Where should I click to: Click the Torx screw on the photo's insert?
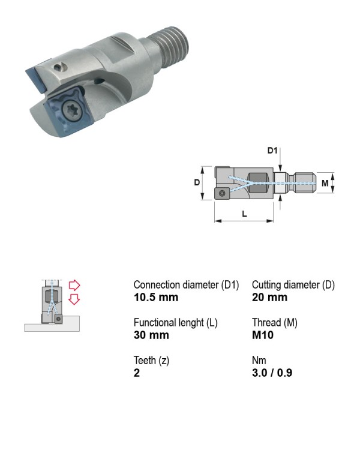click(71, 111)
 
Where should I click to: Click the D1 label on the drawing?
click(272, 151)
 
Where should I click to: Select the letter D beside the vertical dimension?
click(197, 182)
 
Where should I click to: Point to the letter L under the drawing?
click(244, 214)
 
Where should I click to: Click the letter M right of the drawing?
click(325, 183)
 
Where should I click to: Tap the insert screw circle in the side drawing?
click(222, 193)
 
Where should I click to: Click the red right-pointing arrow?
click(74, 285)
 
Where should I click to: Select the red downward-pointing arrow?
click(74, 299)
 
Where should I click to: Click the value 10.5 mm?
click(156, 297)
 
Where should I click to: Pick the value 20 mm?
click(269, 297)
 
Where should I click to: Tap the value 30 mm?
click(151, 335)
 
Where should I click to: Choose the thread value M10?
click(263, 335)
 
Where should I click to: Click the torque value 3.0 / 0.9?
click(272, 373)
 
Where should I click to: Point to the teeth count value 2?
click(137, 373)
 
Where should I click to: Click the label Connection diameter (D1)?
click(186, 285)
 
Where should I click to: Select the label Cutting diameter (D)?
click(293, 285)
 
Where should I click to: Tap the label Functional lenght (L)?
click(176, 323)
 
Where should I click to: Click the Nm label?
click(259, 360)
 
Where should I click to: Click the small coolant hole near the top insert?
click(59, 68)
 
